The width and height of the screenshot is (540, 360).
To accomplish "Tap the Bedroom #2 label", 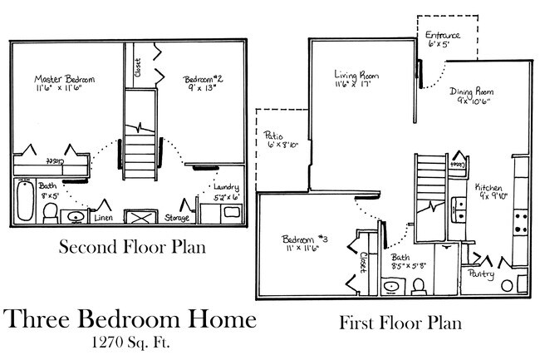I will point(203,80).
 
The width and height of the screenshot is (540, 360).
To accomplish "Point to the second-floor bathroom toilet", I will point(51,212).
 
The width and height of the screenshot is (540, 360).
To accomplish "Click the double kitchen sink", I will point(459,209).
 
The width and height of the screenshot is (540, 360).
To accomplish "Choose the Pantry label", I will point(482,273).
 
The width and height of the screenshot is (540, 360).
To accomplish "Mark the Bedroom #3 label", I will point(304,241).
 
